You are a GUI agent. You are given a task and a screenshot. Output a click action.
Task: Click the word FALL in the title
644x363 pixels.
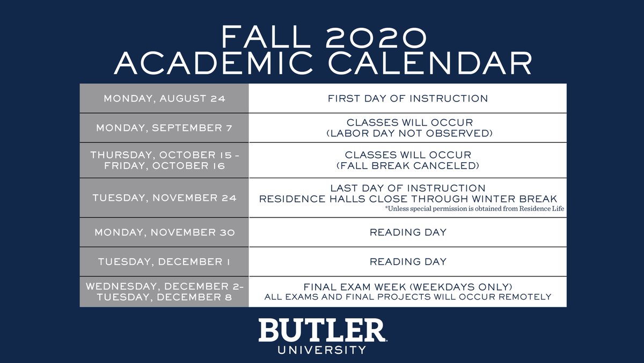pyautogui.click(x=266, y=37)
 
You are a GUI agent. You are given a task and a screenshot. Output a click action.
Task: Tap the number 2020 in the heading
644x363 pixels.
pyautogui.click(x=376, y=37)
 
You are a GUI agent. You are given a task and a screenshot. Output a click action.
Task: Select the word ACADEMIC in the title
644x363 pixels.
pyautogui.click(x=214, y=63)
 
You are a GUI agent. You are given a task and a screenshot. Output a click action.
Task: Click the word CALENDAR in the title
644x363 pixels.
pyautogui.click(x=430, y=63)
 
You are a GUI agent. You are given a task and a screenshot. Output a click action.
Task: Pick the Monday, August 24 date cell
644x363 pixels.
pyautogui.click(x=164, y=98)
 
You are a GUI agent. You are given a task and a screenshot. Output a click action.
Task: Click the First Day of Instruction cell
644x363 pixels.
pyautogui.click(x=408, y=98)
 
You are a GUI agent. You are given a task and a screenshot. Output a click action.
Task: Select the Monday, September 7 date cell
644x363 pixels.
pyautogui.click(x=164, y=128)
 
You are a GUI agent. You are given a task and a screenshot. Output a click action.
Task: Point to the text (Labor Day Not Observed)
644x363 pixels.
pyautogui.click(x=409, y=134)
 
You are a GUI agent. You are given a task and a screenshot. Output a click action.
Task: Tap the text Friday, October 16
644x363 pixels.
pyautogui.click(x=164, y=166)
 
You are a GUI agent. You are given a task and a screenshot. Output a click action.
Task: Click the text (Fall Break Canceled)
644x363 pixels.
pyautogui.click(x=408, y=166)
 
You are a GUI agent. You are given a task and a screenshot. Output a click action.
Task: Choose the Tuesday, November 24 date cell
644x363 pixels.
pyautogui.click(x=164, y=198)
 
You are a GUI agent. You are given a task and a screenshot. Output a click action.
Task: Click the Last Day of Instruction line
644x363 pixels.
pyautogui.click(x=408, y=188)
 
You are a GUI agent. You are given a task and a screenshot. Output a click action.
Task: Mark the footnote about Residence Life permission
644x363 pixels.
pyautogui.click(x=474, y=208)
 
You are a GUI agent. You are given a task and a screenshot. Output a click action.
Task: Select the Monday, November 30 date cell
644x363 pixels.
pyautogui.click(x=164, y=233)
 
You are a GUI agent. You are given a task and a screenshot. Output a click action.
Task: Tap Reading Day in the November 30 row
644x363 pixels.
pyautogui.click(x=408, y=233)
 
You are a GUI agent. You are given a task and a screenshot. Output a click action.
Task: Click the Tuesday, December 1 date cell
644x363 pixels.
pyautogui.click(x=164, y=262)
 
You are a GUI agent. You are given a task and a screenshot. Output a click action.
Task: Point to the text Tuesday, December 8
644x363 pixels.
pyautogui.click(x=164, y=297)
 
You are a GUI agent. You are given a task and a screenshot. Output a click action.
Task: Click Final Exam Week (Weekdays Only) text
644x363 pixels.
pyautogui.click(x=408, y=287)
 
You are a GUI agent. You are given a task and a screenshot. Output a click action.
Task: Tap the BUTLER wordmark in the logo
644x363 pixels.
pyautogui.click(x=321, y=330)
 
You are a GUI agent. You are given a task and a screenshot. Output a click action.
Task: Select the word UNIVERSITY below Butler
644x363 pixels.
pyautogui.click(x=321, y=350)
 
